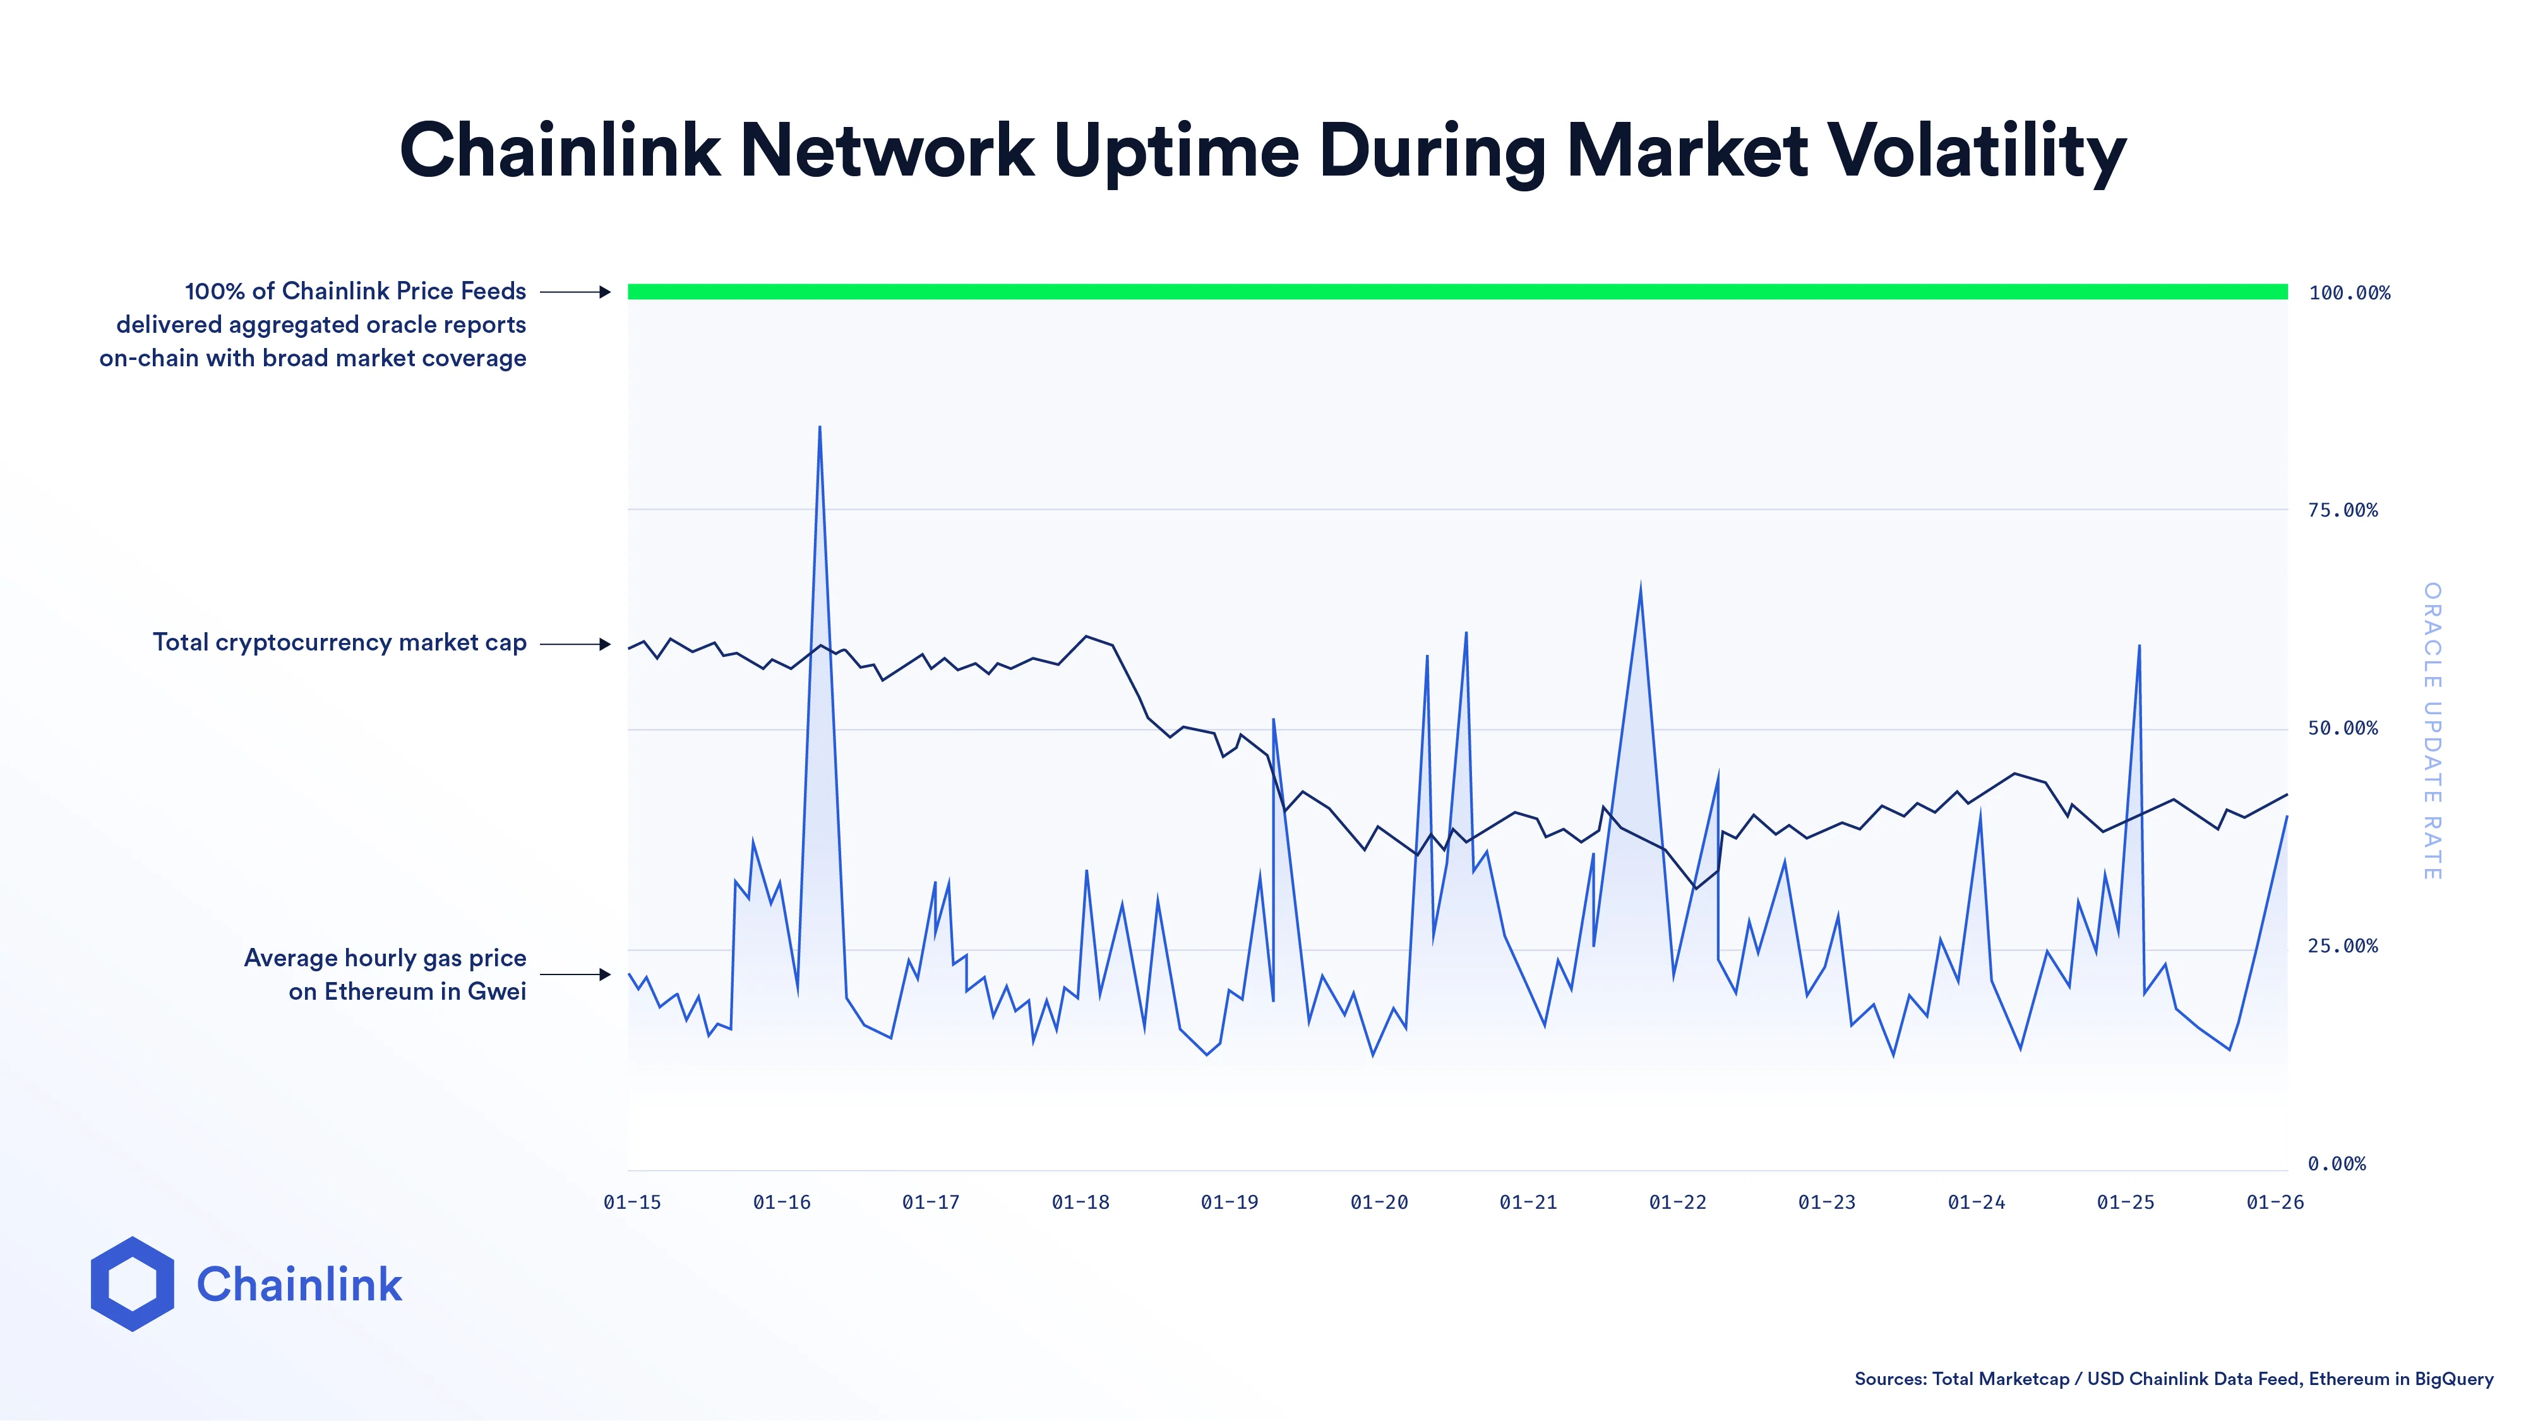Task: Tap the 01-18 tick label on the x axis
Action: click(1080, 1202)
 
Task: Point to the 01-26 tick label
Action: click(2274, 1202)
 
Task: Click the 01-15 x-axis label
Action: click(633, 1202)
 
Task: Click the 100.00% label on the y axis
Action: click(2349, 293)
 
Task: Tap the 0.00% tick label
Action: click(2336, 1164)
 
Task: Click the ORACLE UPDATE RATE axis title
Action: click(2432, 731)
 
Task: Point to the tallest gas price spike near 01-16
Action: click(819, 429)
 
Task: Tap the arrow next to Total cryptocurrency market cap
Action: click(575, 644)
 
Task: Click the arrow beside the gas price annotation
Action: click(575, 974)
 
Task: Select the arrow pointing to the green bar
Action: click(575, 292)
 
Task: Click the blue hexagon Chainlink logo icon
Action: click(133, 1284)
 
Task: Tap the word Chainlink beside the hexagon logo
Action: click(299, 1285)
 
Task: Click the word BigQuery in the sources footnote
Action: click(2453, 1379)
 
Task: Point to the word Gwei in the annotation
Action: click(496, 992)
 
